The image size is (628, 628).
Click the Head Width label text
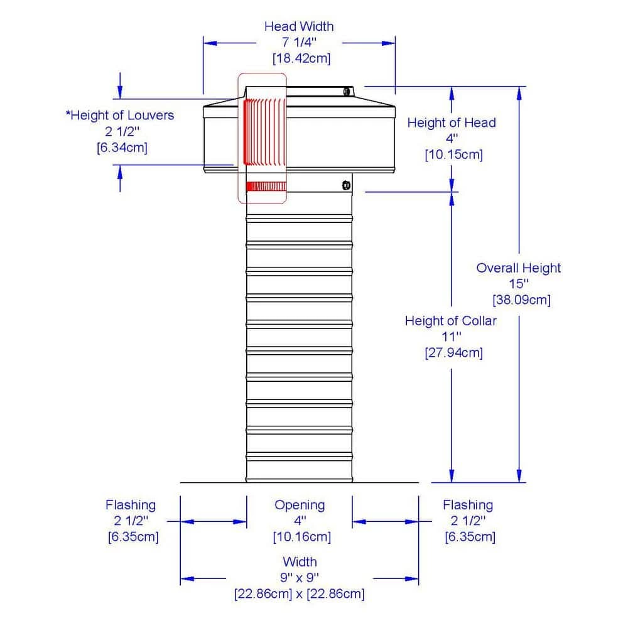click(299, 26)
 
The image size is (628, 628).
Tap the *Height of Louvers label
click(120, 116)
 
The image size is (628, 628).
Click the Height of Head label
click(451, 122)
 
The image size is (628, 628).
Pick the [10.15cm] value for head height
click(453, 154)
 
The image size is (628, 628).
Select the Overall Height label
click(518, 268)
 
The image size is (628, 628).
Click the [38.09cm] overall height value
click(521, 300)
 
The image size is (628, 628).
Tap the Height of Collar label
click(450, 321)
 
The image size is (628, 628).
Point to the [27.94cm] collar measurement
click(453, 352)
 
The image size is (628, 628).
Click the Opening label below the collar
click(300, 505)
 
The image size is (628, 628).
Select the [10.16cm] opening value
click(301, 537)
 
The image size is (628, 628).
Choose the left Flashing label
click(131, 505)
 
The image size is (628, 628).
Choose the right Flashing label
click(468, 505)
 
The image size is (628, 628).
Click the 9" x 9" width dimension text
click(300, 577)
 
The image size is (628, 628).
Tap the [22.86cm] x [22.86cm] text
click(300, 593)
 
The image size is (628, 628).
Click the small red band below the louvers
click(265, 187)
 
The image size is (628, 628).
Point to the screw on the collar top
click(345, 185)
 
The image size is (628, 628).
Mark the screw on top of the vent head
click(346, 92)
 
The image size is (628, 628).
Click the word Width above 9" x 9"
click(300, 561)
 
